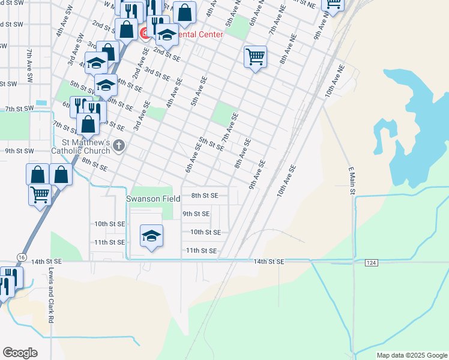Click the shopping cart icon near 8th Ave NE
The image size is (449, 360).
pos(256,58)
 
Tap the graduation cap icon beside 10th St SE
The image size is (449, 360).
pos(151,235)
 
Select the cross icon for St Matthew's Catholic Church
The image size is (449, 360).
pos(119,145)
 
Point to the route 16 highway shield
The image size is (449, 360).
pos(22,256)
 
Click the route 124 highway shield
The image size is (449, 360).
pos(371,262)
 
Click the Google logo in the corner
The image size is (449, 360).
pos(20,353)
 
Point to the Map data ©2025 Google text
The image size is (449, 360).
pos(412,355)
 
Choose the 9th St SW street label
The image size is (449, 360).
pos(19,151)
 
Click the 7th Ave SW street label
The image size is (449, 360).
pos(29,62)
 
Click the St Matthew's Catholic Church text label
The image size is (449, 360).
pos(80,147)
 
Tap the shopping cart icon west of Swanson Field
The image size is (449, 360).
pos(40,194)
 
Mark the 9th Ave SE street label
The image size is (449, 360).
pos(257,174)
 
